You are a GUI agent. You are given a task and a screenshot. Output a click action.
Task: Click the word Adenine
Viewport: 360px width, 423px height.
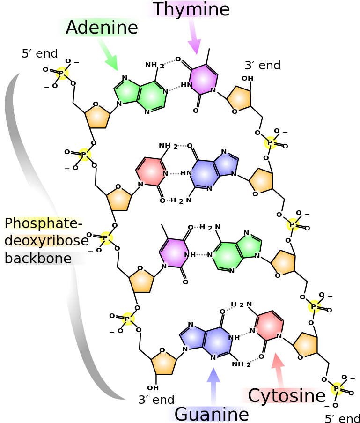tap(102, 27)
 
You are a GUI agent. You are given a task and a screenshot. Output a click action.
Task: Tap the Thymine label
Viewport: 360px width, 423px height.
tap(192, 9)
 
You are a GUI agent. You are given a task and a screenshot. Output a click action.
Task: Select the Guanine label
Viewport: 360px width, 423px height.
tap(212, 414)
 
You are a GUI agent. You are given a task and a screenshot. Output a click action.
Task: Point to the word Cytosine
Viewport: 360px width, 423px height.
tap(287, 396)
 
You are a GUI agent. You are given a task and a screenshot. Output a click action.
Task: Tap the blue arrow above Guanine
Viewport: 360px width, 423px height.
tap(213, 386)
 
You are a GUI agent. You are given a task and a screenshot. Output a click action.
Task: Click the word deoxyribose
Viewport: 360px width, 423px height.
tap(46, 241)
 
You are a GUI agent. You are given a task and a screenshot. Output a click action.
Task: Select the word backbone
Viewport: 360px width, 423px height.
tap(38, 258)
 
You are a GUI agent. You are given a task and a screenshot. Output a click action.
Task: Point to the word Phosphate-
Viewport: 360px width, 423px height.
tap(44, 223)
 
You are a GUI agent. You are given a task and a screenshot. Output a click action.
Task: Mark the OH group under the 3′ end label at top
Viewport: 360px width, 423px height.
tap(247, 78)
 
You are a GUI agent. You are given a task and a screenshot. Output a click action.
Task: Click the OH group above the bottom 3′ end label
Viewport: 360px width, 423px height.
tap(153, 388)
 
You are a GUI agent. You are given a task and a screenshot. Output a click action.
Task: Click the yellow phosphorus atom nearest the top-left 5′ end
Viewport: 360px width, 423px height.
tap(62, 73)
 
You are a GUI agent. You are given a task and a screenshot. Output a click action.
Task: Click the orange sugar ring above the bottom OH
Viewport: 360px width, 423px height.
tap(164, 363)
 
